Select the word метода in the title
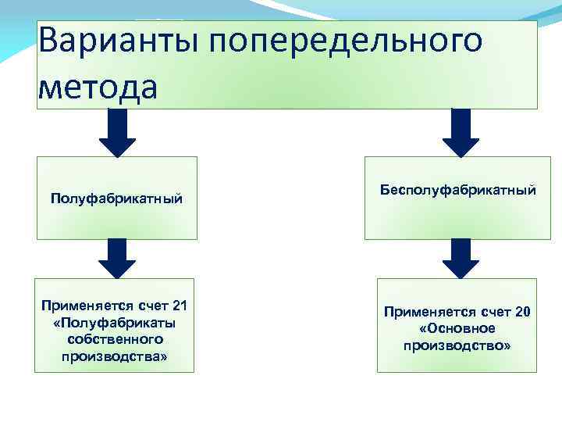[98, 85]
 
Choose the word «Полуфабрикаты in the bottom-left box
[116, 322]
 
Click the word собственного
[116, 339]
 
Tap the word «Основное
[457, 328]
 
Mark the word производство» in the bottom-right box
[457, 345]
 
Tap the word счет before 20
[493, 312]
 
